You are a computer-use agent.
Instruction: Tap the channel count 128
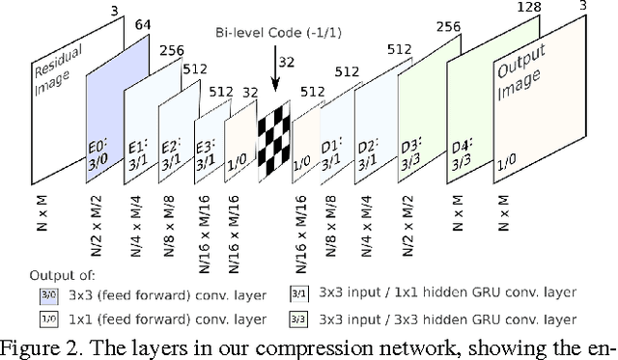click(529, 9)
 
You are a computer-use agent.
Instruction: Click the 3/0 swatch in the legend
click(47, 295)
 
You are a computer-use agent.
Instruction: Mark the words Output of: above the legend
click(62, 274)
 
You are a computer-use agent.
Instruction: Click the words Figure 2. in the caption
click(44, 348)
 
